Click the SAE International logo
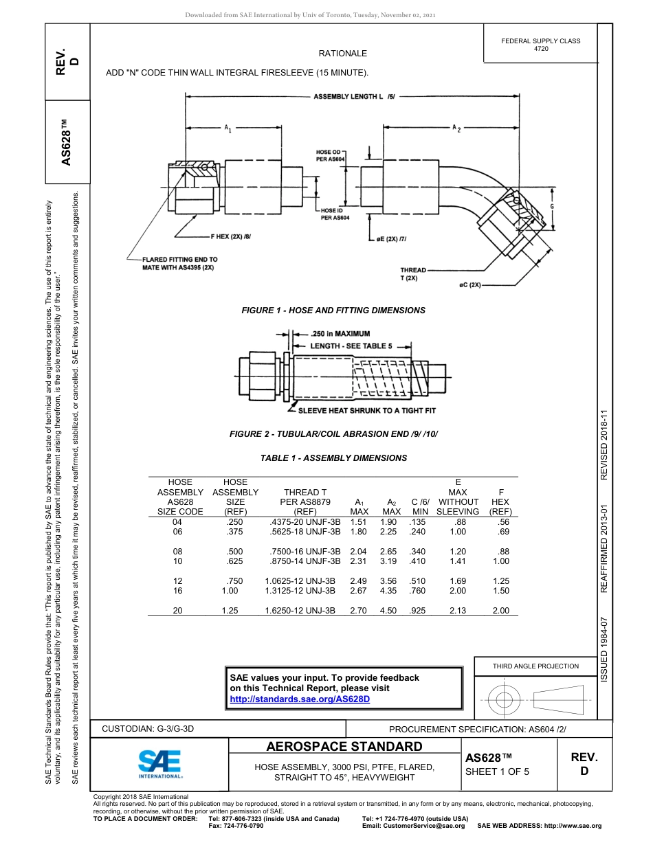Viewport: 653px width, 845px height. tap(159, 762)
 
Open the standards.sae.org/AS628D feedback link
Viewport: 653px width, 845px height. tap(300, 699)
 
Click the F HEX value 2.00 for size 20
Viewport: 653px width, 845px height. tap(500, 611)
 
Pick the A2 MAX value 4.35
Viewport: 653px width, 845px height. tap(391, 591)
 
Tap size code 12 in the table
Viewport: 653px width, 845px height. tap(177, 581)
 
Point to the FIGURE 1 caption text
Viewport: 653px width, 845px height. tap(333, 311)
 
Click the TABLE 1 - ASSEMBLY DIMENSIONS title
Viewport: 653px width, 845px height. tap(333, 458)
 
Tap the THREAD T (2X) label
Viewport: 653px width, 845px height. tap(413, 274)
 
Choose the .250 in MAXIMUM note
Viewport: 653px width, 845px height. tap(340, 334)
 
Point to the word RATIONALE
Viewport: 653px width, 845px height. tap(342, 54)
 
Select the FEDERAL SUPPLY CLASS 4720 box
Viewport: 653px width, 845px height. tap(540, 45)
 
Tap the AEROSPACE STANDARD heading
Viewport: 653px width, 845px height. tap(344, 747)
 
